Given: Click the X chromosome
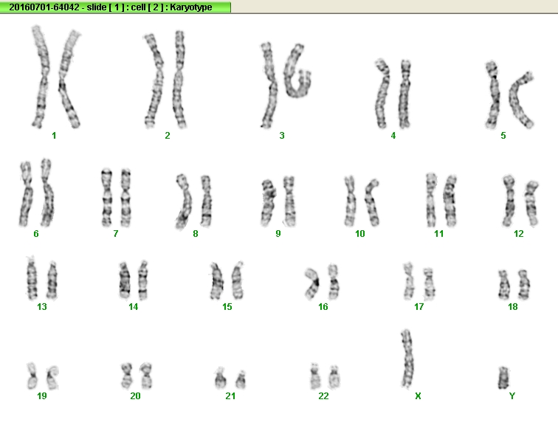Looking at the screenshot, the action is point(407,359).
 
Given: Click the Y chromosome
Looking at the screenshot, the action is point(503,378).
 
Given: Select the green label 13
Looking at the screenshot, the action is point(42,307).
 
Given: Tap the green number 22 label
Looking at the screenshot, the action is point(323,396).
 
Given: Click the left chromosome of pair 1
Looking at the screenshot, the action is point(40,77).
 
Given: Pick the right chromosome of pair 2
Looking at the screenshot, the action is point(179,79).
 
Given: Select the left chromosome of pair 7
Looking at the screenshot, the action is point(107,198).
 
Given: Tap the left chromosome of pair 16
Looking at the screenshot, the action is point(313,283).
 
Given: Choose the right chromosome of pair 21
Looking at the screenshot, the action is point(241,379).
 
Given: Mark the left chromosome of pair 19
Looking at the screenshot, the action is point(32,376).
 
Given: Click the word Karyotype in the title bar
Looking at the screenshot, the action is point(190,7).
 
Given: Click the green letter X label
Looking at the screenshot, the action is point(418,396).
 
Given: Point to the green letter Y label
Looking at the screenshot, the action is point(512,396).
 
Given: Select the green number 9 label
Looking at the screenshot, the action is point(278,234).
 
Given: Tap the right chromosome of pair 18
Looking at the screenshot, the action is point(524,284).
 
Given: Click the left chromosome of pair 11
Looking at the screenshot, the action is point(431,200).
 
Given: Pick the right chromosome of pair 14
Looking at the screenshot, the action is point(142,280).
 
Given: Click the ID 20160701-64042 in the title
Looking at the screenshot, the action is point(44,7).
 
